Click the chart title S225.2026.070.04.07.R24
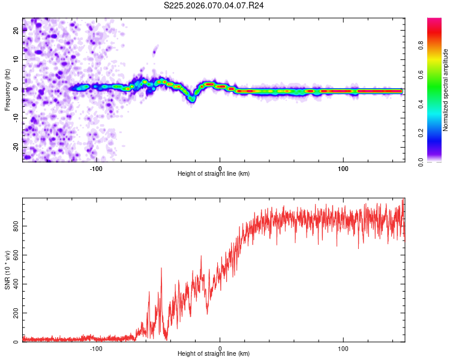(x=214, y=5)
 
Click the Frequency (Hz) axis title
(x=7, y=90)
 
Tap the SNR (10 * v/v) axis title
(x=7, y=271)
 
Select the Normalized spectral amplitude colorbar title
(x=445, y=90)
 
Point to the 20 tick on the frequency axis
(x=16, y=31)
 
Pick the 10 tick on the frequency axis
(x=16, y=60)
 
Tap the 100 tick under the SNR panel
(x=343, y=349)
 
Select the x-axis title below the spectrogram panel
(x=214, y=174)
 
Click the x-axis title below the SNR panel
(x=214, y=354)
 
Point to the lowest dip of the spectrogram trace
(x=193, y=100)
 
